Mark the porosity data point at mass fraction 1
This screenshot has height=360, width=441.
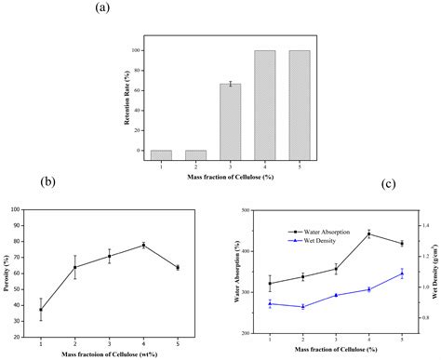[41, 310]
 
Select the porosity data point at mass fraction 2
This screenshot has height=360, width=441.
[75, 267]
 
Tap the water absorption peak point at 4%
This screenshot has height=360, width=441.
[368, 233]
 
